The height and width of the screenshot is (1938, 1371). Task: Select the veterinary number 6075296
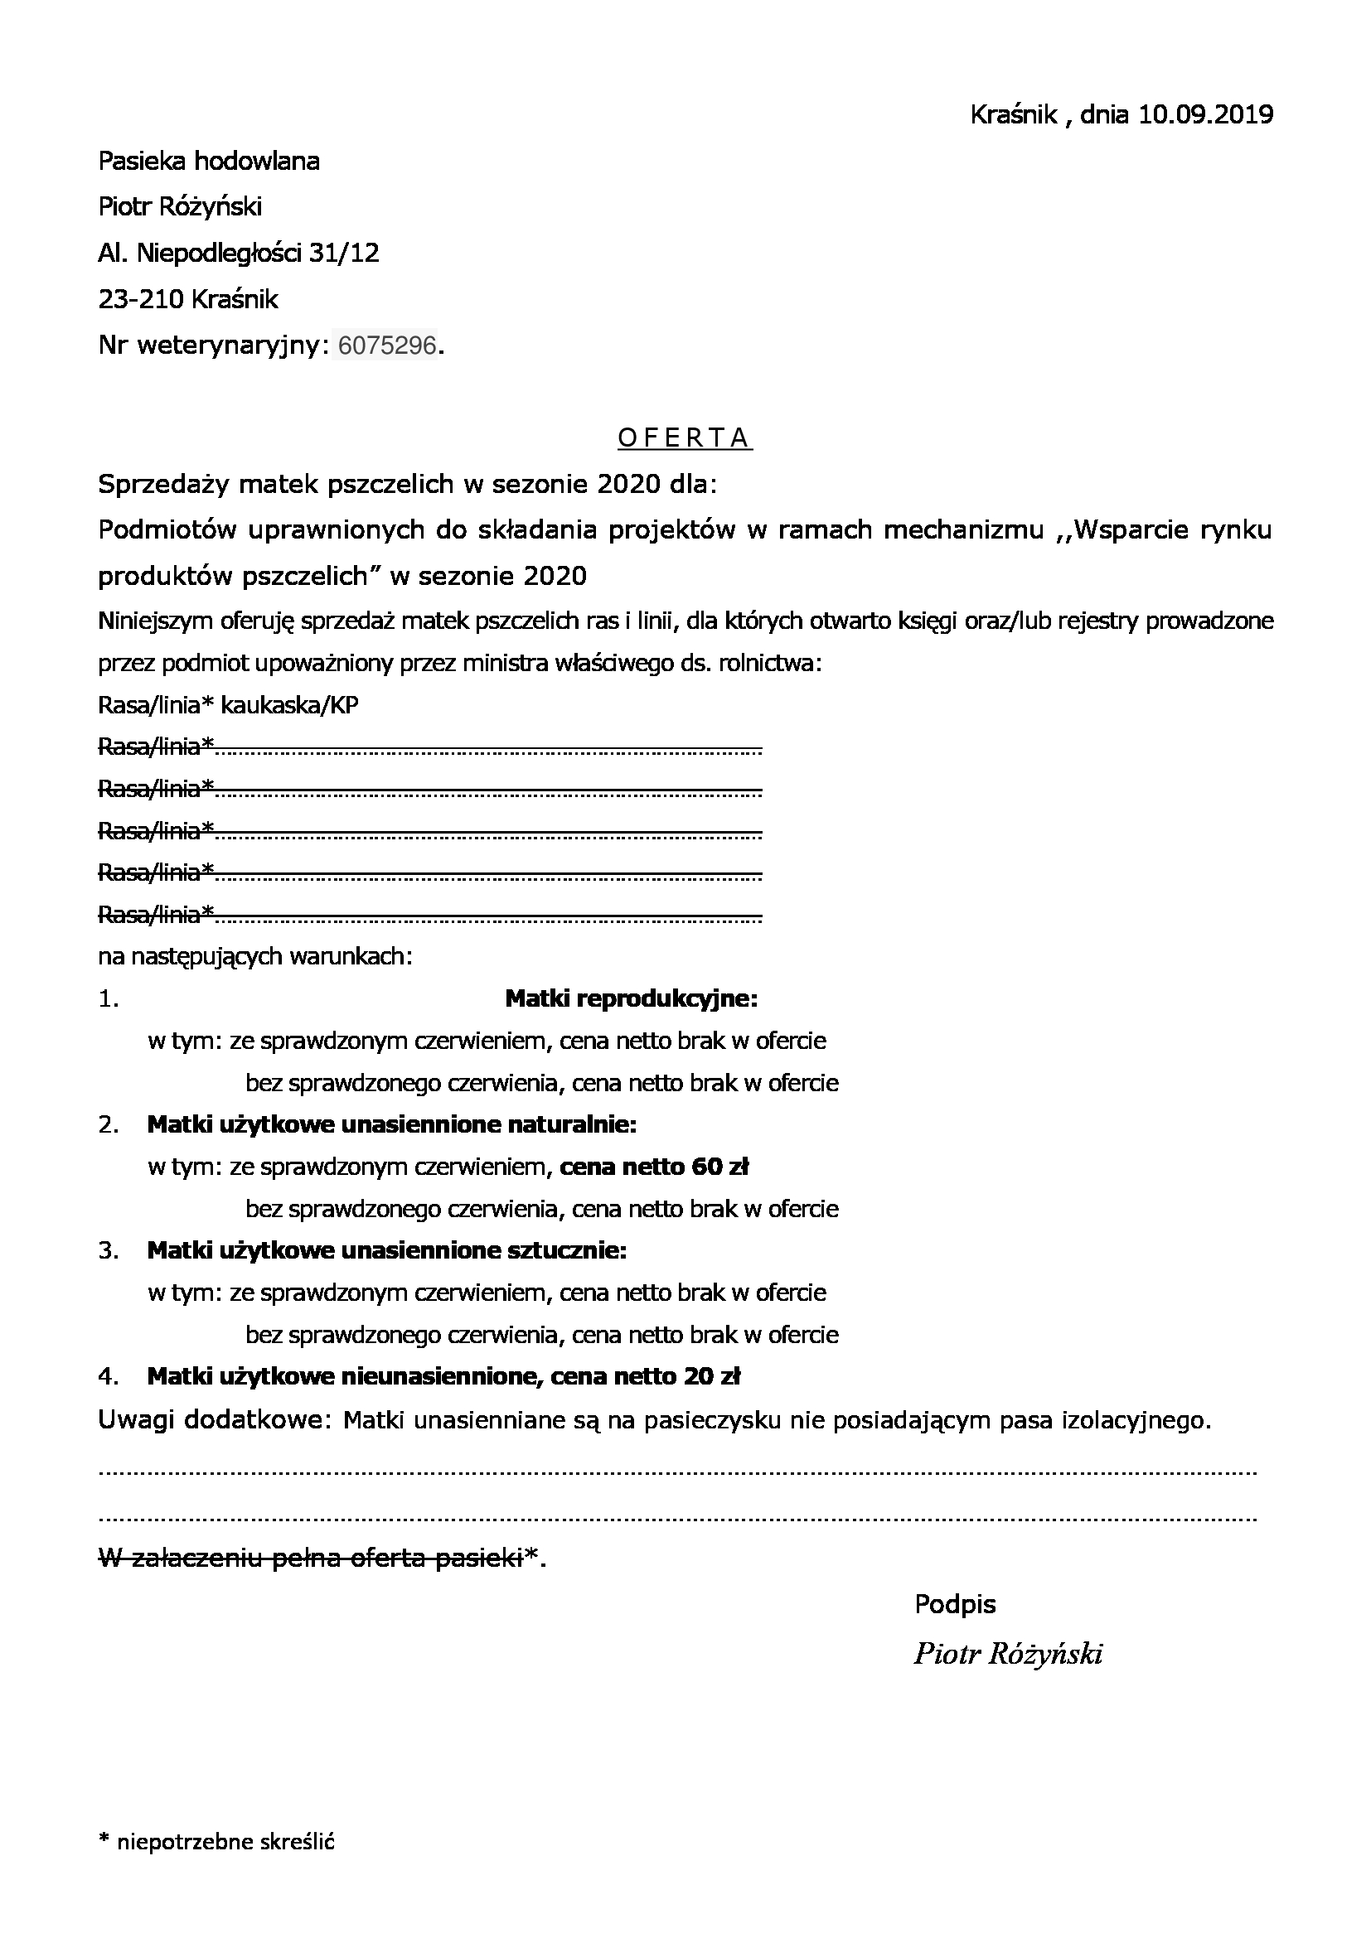(x=386, y=346)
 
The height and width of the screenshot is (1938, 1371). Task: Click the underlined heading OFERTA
(x=685, y=437)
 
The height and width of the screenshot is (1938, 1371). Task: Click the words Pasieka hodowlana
(x=209, y=161)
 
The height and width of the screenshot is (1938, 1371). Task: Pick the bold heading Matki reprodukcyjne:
(x=631, y=999)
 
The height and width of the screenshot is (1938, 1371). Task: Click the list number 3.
(x=108, y=1251)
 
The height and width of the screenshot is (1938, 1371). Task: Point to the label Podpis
(x=955, y=1604)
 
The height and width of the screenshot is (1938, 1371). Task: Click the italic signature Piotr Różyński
(x=1008, y=1655)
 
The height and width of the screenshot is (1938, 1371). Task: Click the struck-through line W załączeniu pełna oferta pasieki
(x=311, y=1558)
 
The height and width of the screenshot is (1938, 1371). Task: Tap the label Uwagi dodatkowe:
(x=211, y=1421)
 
